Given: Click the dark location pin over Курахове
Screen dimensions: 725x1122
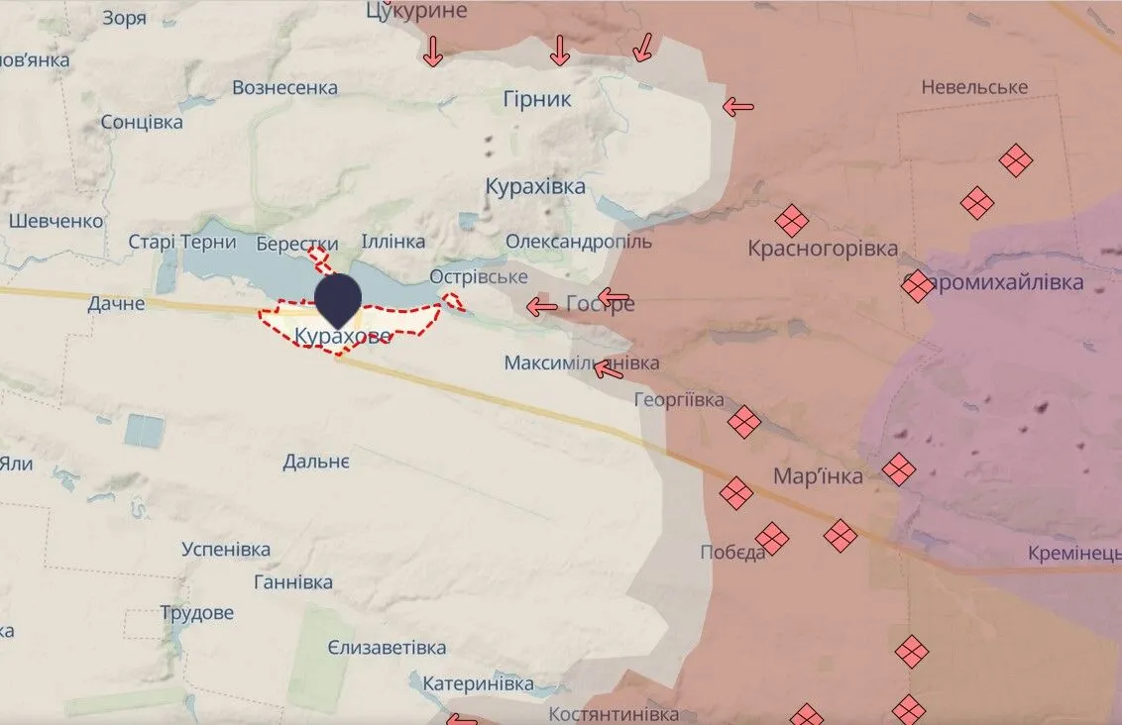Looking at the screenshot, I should (338, 299).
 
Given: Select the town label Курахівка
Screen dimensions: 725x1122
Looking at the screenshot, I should (535, 186).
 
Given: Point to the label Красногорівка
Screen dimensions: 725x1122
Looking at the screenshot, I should (823, 249).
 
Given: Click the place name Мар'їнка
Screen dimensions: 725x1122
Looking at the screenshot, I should (818, 476).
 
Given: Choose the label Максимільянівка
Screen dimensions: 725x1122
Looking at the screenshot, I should (581, 362).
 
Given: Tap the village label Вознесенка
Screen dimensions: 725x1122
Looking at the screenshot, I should (284, 88).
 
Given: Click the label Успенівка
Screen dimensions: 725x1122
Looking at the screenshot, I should (226, 549).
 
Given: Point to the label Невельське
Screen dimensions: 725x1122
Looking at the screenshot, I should (974, 87).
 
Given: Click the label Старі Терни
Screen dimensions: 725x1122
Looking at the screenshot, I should (182, 242).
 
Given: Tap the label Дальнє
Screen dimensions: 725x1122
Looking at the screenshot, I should (315, 461).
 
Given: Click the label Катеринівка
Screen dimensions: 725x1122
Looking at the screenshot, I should (478, 683).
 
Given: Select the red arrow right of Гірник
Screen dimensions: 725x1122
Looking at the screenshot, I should (737, 107).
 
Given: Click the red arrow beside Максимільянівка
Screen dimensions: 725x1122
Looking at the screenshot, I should (609, 369).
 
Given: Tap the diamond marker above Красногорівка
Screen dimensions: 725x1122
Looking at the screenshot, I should (791, 220).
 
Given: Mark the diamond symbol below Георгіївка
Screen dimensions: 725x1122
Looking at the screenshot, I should (743, 423).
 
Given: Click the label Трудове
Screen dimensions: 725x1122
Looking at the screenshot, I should (197, 612).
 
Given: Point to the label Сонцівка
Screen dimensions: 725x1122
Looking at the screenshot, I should (142, 122).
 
